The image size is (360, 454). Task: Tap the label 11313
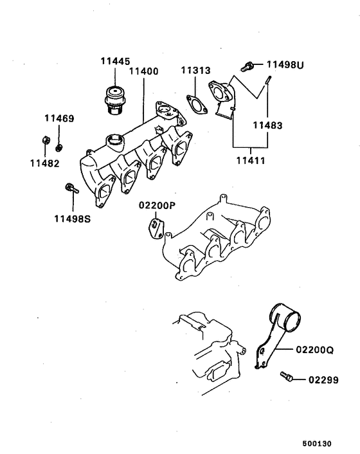(x=195, y=70)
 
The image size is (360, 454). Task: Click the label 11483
(x=267, y=125)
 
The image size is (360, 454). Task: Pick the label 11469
(x=59, y=119)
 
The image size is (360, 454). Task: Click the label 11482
(x=44, y=163)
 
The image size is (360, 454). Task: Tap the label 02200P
(x=157, y=206)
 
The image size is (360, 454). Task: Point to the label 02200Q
(x=315, y=350)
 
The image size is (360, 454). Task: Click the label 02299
(x=322, y=379)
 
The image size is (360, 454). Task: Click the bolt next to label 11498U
(x=247, y=65)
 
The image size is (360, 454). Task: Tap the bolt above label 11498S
(x=70, y=189)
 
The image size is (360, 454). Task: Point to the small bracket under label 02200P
(x=156, y=227)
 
